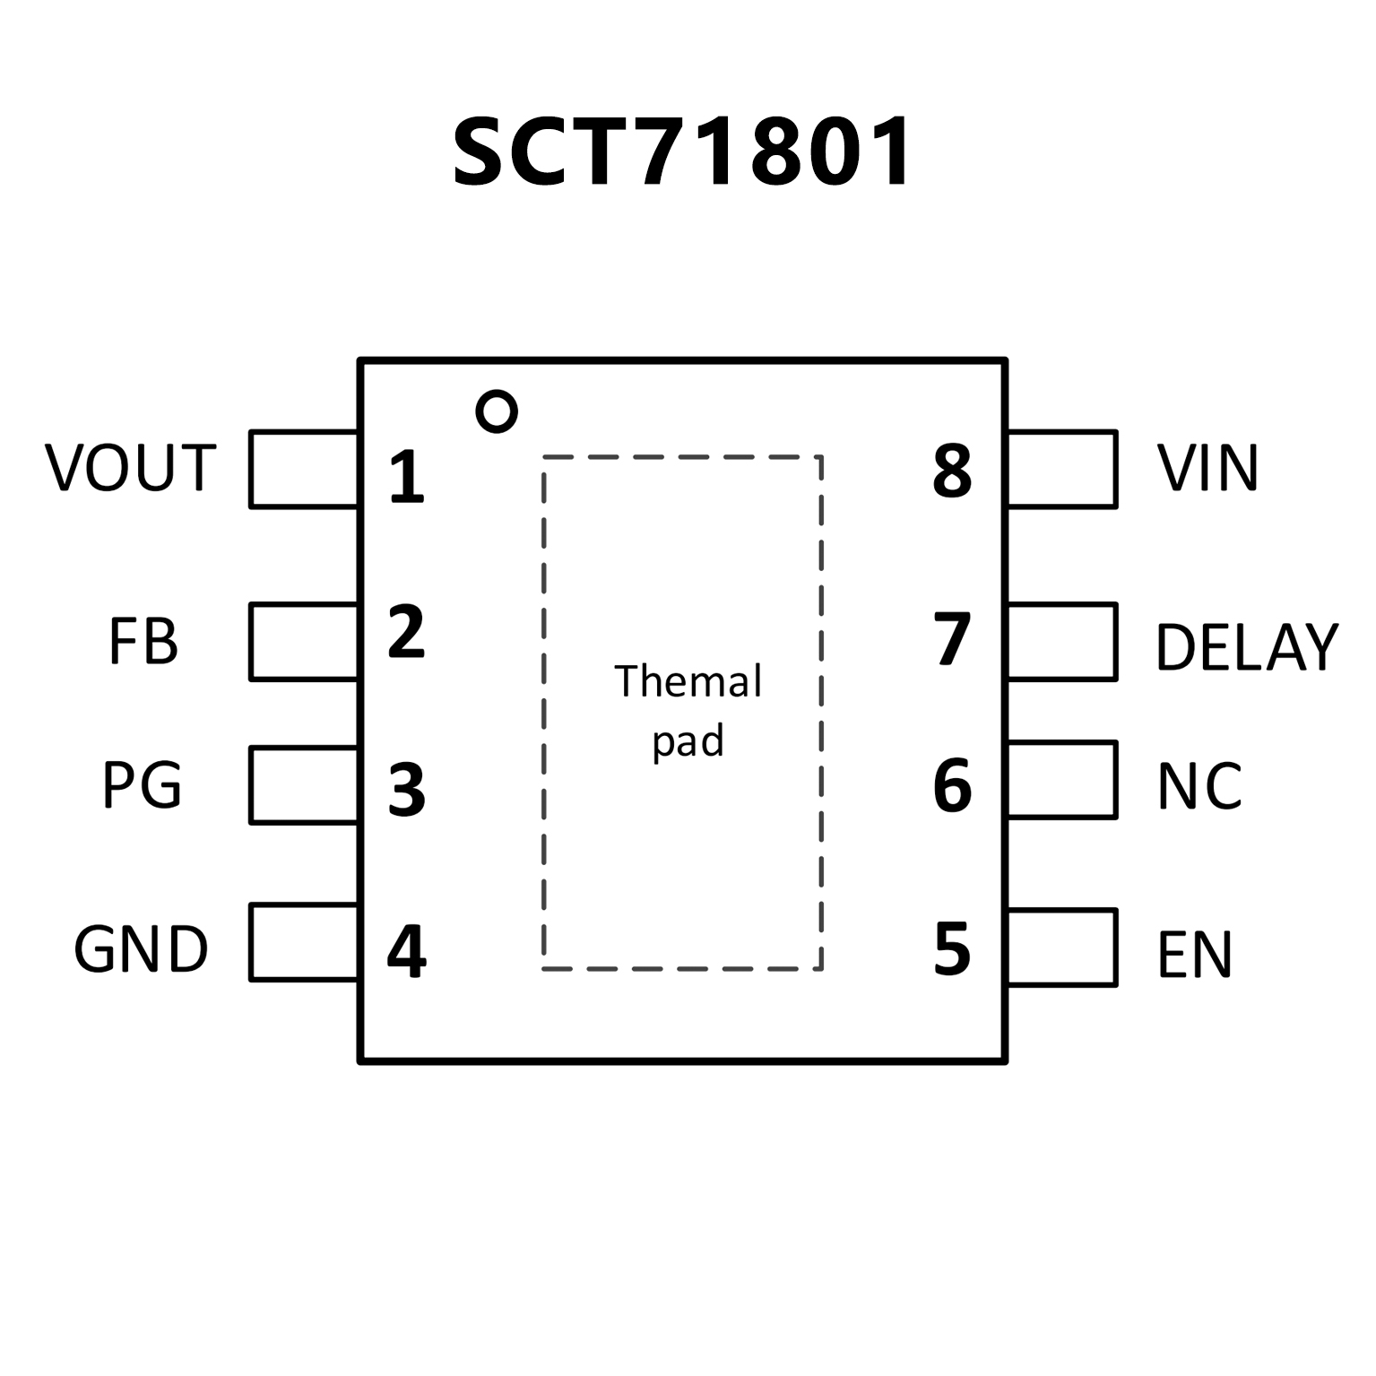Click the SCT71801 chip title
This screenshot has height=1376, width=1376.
coord(682,152)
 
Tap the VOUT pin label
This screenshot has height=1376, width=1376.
coord(131,468)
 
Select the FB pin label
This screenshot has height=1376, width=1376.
coord(143,641)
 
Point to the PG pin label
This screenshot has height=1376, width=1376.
coord(143,784)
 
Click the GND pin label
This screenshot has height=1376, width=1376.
coord(141,949)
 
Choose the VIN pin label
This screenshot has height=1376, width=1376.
coord(1207,468)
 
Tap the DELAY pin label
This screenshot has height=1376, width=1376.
coord(1247,646)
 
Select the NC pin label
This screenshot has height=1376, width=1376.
coord(1199,786)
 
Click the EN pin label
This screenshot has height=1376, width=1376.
coord(1195,954)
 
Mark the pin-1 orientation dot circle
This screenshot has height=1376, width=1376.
coord(497,411)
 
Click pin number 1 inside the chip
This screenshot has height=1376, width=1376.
coord(406,477)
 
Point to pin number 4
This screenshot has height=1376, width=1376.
coord(406,952)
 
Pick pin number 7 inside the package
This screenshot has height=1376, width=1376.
coord(952,640)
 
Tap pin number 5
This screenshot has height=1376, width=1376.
coord(952,949)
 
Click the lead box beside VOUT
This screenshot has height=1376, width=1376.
coord(303,469)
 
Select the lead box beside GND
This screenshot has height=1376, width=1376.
coord(303,942)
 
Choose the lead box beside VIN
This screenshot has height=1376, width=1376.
coord(1062,469)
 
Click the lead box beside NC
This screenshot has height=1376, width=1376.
coord(1062,779)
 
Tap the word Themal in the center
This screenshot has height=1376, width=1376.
coord(688,681)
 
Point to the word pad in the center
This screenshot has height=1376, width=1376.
coord(688,742)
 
